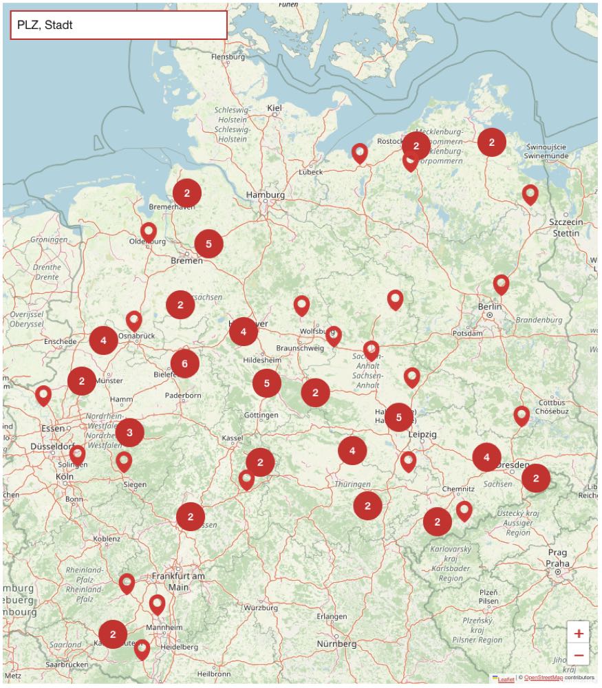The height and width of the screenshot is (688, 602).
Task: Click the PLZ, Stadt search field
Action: tap(118, 25)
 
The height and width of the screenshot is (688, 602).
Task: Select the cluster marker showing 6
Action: tap(184, 364)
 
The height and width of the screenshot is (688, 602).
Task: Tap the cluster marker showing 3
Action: tap(129, 433)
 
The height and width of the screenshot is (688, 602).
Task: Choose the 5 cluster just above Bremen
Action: tap(208, 244)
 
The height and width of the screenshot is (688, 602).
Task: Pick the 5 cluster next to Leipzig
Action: tap(398, 417)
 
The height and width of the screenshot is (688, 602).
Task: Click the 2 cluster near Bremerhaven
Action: tap(186, 193)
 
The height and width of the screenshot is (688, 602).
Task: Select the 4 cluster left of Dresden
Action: tap(486, 457)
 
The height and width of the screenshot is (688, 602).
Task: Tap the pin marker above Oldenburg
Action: tap(149, 231)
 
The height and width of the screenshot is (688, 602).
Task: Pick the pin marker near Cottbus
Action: tap(522, 414)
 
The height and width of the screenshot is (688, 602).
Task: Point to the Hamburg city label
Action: tap(266, 195)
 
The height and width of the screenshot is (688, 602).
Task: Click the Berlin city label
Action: tap(490, 306)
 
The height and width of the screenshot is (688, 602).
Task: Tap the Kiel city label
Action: tap(275, 108)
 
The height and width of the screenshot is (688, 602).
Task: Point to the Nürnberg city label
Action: tap(336, 644)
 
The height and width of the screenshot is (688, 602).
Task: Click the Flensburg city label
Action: tap(228, 57)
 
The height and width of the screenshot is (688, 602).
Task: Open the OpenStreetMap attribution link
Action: tap(544, 678)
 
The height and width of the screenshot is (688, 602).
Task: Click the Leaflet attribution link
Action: tap(505, 678)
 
